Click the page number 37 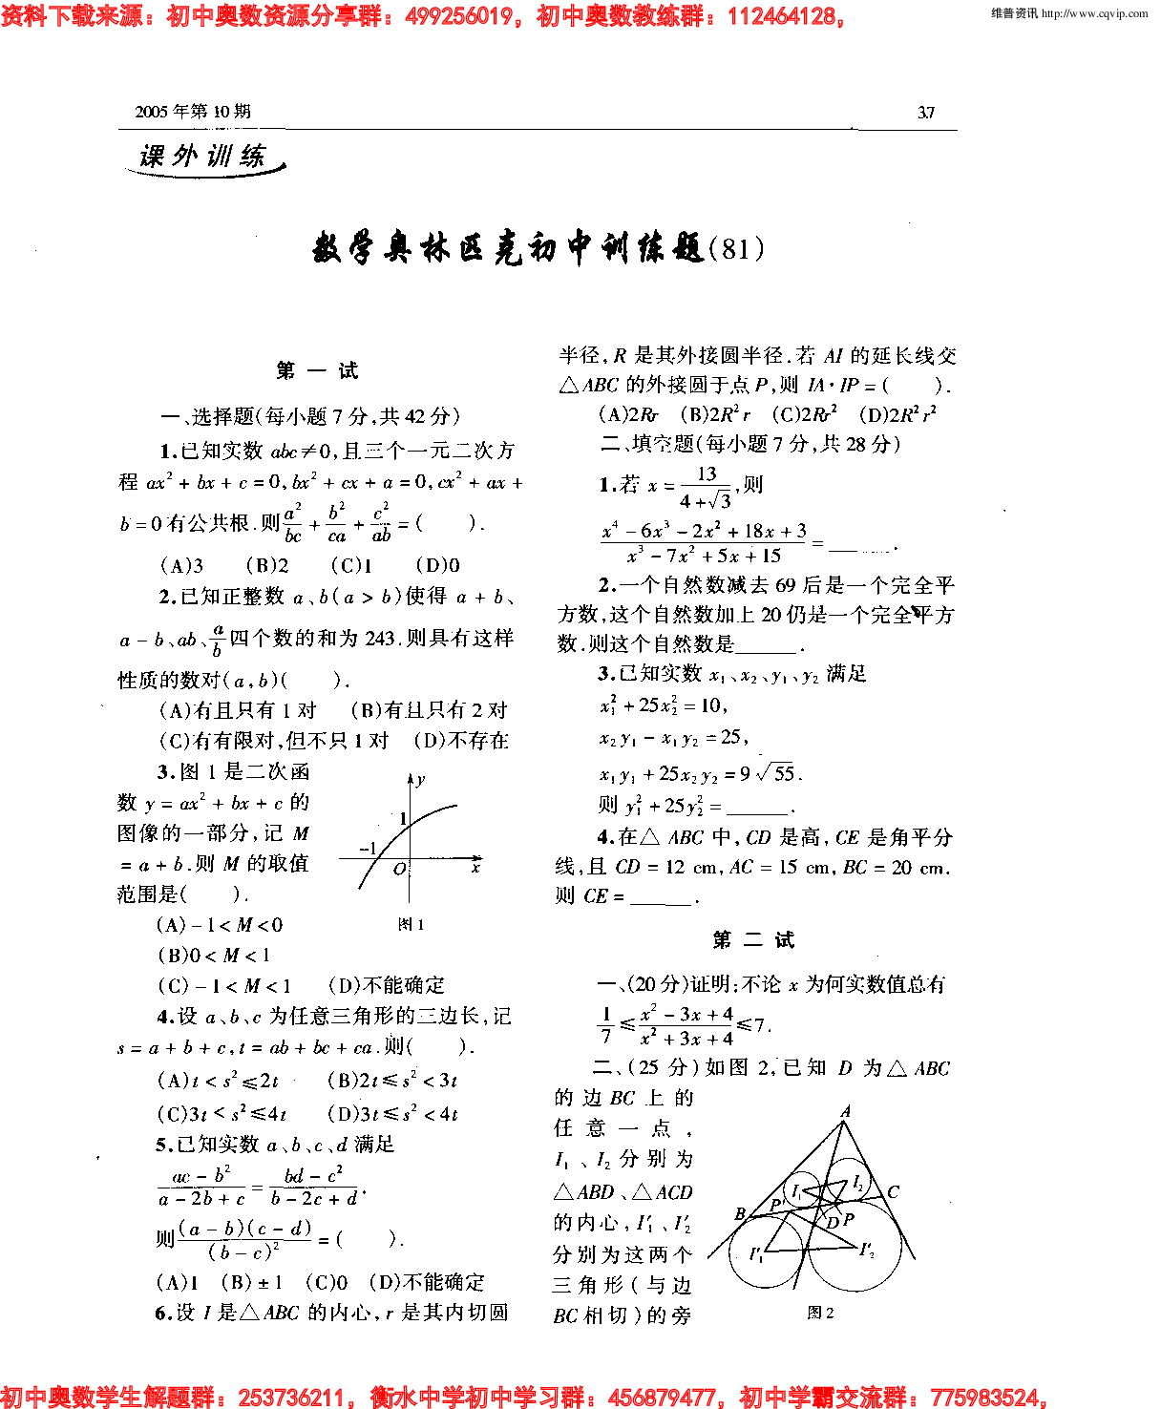pyautogui.click(x=925, y=113)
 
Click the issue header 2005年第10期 pyautogui.click(x=193, y=112)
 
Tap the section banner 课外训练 pyautogui.click(x=202, y=157)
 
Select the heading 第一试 pyautogui.click(x=317, y=370)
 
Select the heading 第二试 pyautogui.click(x=753, y=940)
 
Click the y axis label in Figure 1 pyautogui.click(x=421, y=779)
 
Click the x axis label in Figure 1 pyautogui.click(x=475, y=868)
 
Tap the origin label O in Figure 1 pyautogui.click(x=399, y=869)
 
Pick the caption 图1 pyautogui.click(x=411, y=924)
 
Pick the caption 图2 pyautogui.click(x=820, y=1313)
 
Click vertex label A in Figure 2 pyautogui.click(x=845, y=1112)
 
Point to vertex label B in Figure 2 pyautogui.click(x=740, y=1213)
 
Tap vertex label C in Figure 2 pyautogui.click(x=893, y=1191)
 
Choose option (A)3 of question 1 pyautogui.click(x=181, y=565)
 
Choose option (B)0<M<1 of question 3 pyautogui.click(x=214, y=956)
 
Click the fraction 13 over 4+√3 pyautogui.click(x=706, y=487)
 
